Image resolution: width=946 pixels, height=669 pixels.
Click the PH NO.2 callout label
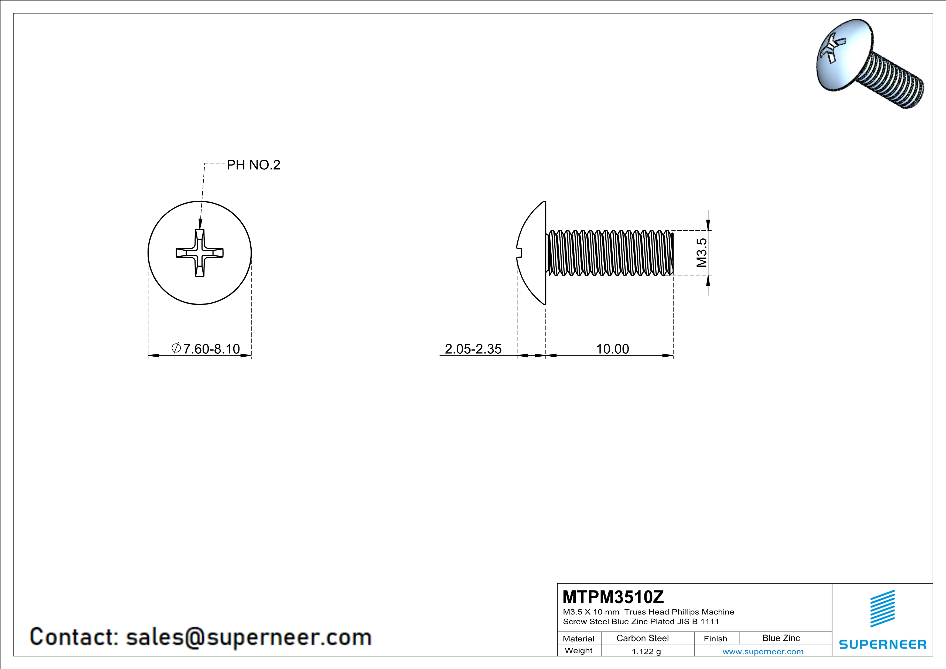click(x=253, y=165)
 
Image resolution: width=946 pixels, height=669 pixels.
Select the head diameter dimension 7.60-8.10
click(x=206, y=349)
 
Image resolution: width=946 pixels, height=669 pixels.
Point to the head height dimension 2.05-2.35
click(x=473, y=349)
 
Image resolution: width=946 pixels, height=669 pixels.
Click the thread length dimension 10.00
click(x=612, y=349)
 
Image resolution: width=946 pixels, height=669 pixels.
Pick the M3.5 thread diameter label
click(x=702, y=252)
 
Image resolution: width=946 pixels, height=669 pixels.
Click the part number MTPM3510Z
click(x=613, y=597)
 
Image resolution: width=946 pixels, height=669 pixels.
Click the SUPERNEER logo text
click(x=883, y=644)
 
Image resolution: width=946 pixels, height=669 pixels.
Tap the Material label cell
click(x=579, y=639)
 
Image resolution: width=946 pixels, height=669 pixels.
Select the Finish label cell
click(x=715, y=639)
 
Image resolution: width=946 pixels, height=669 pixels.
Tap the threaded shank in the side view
click(x=610, y=252)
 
